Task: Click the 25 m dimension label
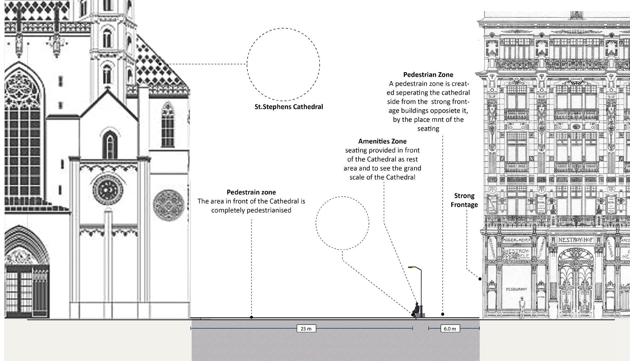[x=306, y=329]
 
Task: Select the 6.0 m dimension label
[x=450, y=329]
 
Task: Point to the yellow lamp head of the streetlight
[x=410, y=268]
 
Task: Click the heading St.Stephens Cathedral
[x=289, y=107]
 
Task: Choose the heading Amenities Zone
[x=382, y=141]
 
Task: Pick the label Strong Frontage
[x=464, y=200]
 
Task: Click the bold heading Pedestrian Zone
[x=428, y=75]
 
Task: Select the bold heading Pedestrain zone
[x=251, y=192]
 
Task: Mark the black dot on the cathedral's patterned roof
[x=160, y=64]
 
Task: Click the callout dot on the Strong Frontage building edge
[x=480, y=279]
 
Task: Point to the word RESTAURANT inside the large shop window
[x=516, y=289]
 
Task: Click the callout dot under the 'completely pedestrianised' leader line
[x=251, y=317]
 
